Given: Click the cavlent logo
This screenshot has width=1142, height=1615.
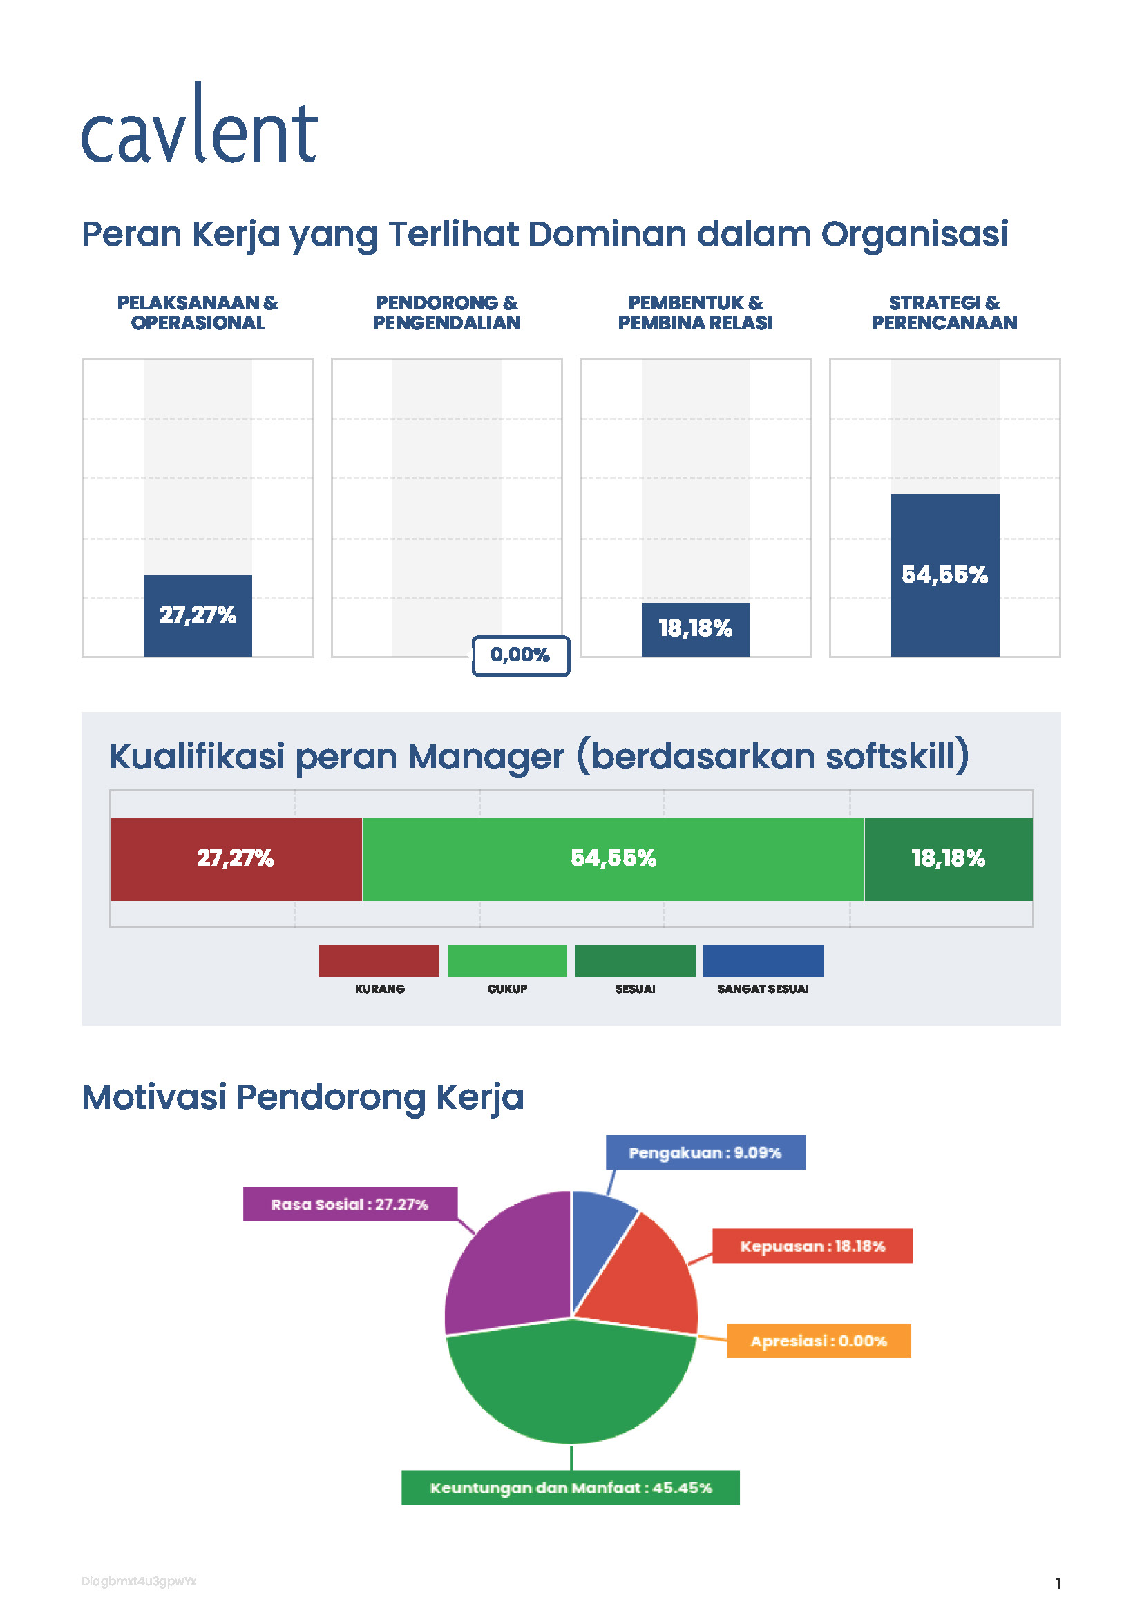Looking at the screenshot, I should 200,126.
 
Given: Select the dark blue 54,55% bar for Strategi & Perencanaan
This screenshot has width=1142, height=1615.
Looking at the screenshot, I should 944,575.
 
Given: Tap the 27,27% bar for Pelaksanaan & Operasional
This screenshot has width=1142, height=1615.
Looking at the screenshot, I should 198,615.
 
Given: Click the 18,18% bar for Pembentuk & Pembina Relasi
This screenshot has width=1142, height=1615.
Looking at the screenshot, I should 695,629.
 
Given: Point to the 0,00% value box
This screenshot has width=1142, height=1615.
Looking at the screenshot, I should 521,655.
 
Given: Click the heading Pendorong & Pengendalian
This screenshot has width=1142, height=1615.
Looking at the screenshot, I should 446,312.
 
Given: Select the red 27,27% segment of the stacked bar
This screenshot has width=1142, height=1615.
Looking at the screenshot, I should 236,859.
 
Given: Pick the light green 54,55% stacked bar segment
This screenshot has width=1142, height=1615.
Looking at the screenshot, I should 613,859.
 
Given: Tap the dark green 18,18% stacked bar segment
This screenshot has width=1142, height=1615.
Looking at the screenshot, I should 948,859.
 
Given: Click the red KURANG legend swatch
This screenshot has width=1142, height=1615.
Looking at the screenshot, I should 379,961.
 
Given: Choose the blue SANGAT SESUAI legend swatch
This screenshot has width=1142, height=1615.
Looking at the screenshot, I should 763,961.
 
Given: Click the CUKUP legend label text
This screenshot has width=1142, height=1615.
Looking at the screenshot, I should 507,989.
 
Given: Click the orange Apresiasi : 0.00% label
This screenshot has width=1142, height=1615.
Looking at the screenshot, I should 818,1342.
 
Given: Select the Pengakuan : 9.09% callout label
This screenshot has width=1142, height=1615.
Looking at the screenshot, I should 705,1153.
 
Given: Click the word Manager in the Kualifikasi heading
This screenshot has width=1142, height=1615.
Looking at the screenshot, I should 486,757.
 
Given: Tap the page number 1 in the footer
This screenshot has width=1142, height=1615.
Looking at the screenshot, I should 1057,1583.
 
